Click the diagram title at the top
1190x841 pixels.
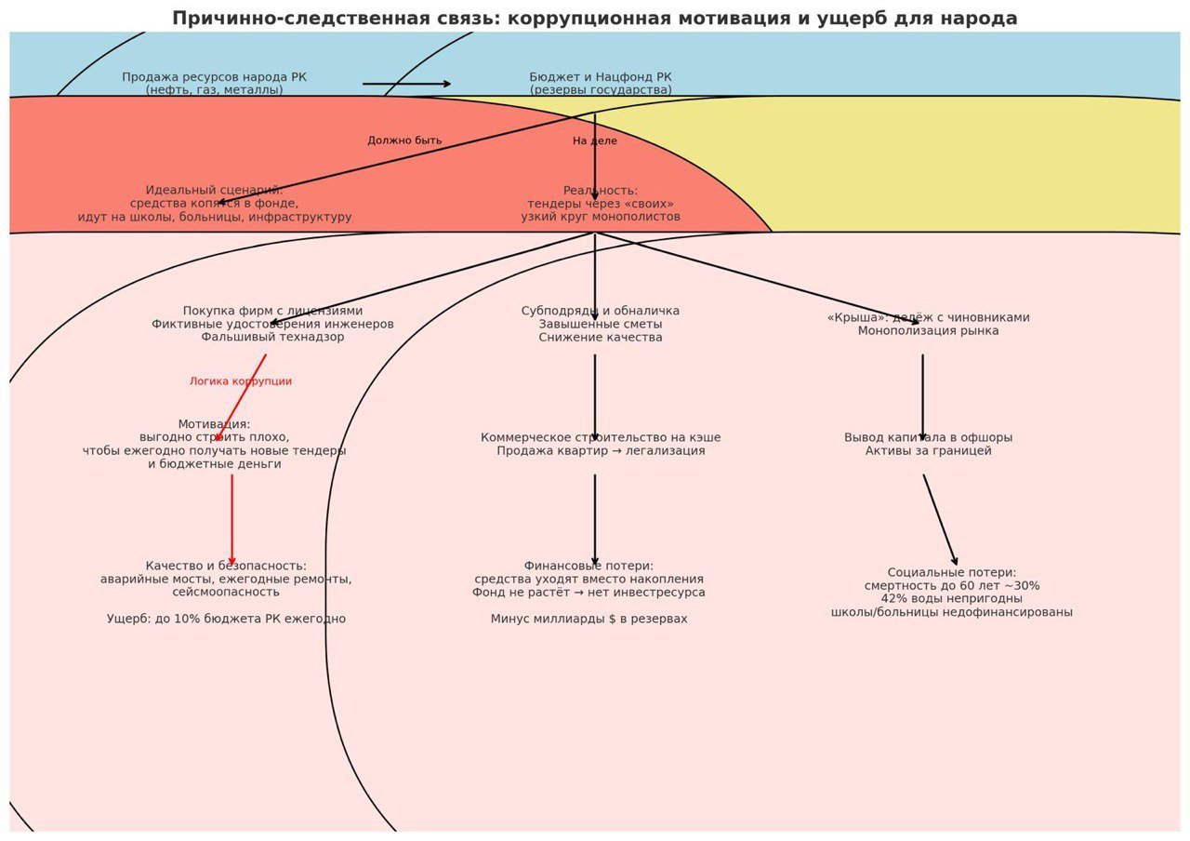595,19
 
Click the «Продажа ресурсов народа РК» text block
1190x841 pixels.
215,84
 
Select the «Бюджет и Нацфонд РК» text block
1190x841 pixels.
601,84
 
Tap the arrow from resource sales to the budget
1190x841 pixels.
406,84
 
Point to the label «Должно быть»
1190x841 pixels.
404,140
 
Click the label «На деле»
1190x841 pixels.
595,141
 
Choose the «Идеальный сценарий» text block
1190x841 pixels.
215,204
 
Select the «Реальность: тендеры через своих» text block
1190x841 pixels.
601,204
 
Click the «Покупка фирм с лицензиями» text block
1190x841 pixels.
272,324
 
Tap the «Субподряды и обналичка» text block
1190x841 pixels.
601,324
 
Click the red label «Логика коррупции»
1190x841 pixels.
241,381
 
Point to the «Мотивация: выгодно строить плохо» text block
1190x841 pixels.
215,444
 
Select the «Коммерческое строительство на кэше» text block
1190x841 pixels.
601,444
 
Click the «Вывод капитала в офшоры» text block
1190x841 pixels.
928,444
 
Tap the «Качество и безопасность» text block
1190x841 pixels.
226,579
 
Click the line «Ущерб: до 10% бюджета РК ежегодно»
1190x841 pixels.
226,619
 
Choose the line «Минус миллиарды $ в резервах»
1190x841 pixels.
589,619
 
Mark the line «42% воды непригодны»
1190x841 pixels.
952,599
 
